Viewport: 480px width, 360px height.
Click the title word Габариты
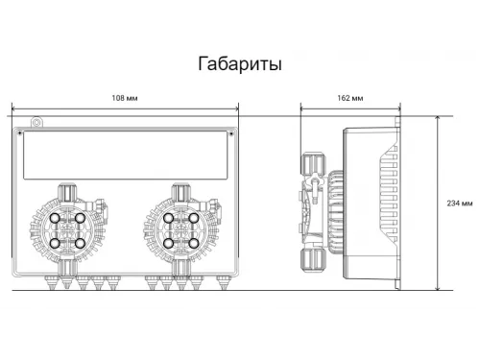click(x=239, y=64)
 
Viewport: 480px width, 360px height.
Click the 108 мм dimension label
click(x=127, y=99)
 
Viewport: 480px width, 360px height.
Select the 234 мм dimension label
click(x=460, y=203)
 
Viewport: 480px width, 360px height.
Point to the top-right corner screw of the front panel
click(x=235, y=133)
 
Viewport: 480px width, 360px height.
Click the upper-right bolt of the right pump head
click(x=195, y=219)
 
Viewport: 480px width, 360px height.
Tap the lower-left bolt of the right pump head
click(x=170, y=244)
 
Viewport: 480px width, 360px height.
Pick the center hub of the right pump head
click(x=182, y=231)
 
